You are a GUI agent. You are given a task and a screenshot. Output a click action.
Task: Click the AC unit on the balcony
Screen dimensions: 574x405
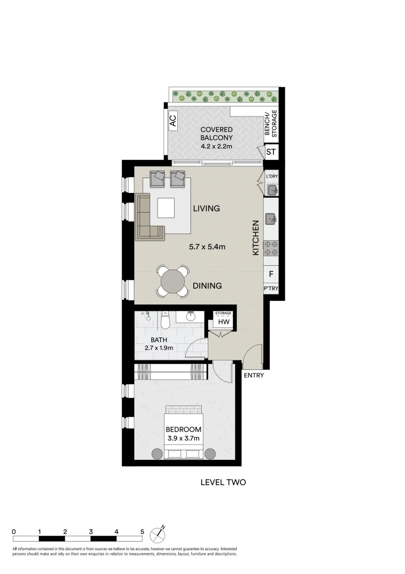(x=173, y=121)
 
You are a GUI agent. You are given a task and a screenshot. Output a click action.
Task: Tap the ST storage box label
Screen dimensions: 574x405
(x=271, y=152)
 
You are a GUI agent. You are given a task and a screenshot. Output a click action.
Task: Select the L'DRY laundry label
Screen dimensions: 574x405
(x=272, y=176)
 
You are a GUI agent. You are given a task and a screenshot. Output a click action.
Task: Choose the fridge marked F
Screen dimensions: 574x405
(x=271, y=274)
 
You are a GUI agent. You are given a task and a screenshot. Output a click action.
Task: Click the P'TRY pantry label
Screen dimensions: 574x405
(x=271, y=289)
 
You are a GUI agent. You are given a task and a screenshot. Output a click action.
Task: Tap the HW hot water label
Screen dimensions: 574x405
(x=223, y=322)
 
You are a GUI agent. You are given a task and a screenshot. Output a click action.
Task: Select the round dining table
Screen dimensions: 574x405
(x=174, y=281)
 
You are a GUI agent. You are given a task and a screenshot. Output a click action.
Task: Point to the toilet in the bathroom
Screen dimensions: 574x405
(x=165, y=320)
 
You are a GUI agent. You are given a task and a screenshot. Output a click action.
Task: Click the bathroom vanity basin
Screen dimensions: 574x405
(x=191, y=318)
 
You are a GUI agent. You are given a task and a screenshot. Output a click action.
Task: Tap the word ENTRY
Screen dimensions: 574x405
(x=254, y=376)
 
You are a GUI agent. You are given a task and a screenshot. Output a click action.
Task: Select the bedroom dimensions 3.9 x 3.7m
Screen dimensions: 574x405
(x=183, y=438)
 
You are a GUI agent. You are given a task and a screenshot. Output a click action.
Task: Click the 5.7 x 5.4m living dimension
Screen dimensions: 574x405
(x=208, y=247)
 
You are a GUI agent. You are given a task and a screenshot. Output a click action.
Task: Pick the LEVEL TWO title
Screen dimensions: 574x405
(x=223, y=483)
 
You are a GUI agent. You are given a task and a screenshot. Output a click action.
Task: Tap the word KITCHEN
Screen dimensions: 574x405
(x=255, y=238)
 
